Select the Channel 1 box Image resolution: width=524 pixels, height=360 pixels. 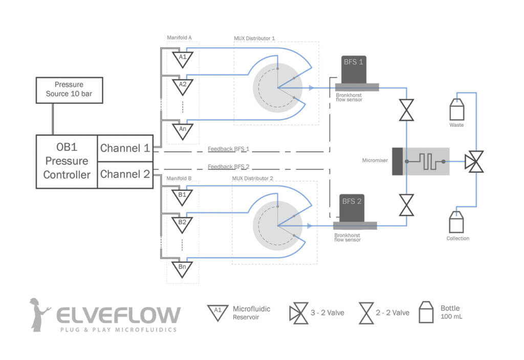click(x=125, y=148)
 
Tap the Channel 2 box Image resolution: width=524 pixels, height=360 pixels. click(x=125, y=174)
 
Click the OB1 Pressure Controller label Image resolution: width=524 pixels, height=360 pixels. click(x=67, y=161)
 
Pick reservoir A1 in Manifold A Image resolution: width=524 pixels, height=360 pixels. click(x=182, y=58)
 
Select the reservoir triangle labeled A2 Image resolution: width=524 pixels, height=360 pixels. click(x=182, y=85)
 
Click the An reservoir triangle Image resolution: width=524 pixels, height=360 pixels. click(x=182, y=129)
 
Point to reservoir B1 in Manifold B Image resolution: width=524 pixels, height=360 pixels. click(x=182, y=196)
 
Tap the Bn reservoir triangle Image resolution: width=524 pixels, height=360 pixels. click(x=182, y=267)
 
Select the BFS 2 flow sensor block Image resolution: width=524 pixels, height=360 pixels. click(x=352, y=209)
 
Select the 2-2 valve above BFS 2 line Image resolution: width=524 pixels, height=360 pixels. click(x=407, y=205)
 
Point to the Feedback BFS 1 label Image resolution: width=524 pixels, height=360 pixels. click(x=228, y=149)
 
